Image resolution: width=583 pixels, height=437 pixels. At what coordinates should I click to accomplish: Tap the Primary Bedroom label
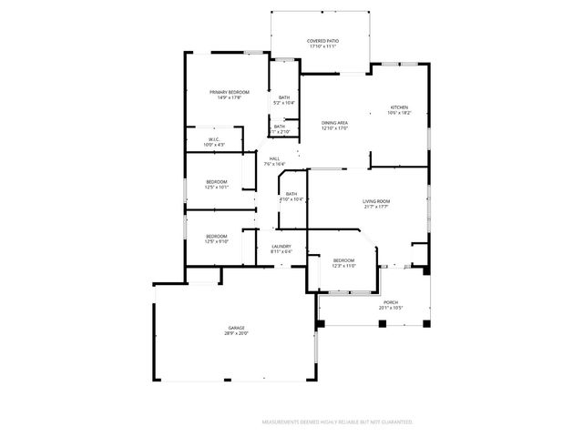[229, 92]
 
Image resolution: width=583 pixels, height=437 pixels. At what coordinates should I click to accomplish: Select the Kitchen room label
[400, 107]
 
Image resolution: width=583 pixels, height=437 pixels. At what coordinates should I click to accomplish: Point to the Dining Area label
[334, 123]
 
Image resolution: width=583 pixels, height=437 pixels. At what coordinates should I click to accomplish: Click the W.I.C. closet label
[213, 139]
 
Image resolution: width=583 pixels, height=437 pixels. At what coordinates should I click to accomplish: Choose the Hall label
[273, 158]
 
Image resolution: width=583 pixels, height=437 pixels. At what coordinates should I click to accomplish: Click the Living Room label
[376, 201]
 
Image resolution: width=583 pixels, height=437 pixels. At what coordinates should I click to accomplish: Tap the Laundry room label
[281, 246]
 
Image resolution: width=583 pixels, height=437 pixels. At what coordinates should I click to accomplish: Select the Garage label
[236, 328]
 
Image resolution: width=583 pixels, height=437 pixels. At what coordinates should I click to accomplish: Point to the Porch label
[390, 302]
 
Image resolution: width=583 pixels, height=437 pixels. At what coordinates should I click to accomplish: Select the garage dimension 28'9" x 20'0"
[236, 334]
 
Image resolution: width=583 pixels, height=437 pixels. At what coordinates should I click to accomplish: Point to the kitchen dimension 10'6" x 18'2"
[400, 114]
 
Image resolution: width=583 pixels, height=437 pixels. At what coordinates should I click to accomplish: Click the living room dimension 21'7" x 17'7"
[376, 208]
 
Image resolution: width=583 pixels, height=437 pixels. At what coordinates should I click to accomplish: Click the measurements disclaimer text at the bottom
[337, 422]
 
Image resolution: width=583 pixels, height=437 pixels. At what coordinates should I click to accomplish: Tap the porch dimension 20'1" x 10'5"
[390, 308]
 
